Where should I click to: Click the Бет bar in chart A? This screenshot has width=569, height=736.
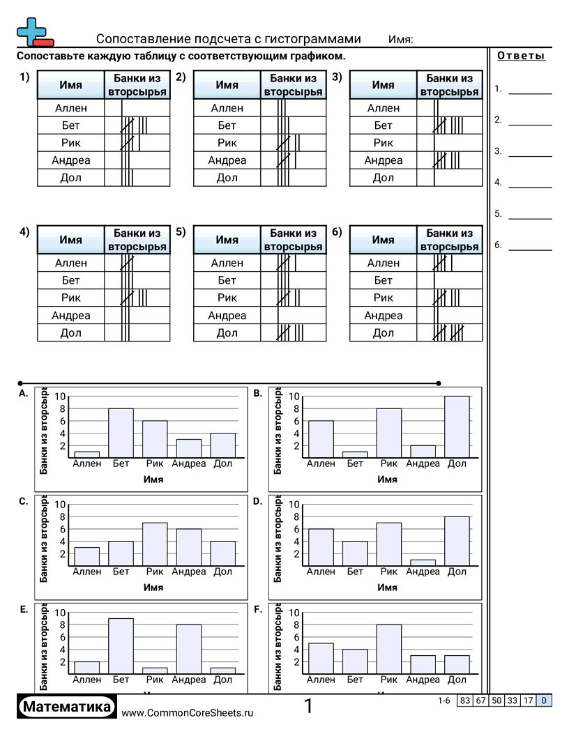pos(121,433)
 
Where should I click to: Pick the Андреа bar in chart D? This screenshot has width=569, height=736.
pos(423,562)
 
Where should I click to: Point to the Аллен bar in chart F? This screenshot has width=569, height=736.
pos(321,658)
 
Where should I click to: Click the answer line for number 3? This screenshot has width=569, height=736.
pos(530,155)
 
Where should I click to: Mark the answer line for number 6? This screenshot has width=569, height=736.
pos(530,248)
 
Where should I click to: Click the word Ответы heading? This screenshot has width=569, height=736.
pos(521,56)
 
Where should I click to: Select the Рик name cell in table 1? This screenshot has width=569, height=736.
pos(71,143)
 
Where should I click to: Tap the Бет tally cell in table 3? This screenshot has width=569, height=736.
pos(450,125)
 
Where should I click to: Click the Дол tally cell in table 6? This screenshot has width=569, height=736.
pos(450,333)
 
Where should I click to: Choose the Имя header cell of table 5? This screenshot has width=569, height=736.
pos(227,240)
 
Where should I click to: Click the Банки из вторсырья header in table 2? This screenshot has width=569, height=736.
pos(294,85)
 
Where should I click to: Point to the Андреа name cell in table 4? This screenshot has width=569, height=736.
pos(71,316)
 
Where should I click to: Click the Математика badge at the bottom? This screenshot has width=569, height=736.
pos(67,707)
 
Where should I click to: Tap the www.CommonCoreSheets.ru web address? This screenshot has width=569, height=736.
pos(188,712)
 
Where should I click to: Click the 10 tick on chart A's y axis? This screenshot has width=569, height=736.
pos(61,397)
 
